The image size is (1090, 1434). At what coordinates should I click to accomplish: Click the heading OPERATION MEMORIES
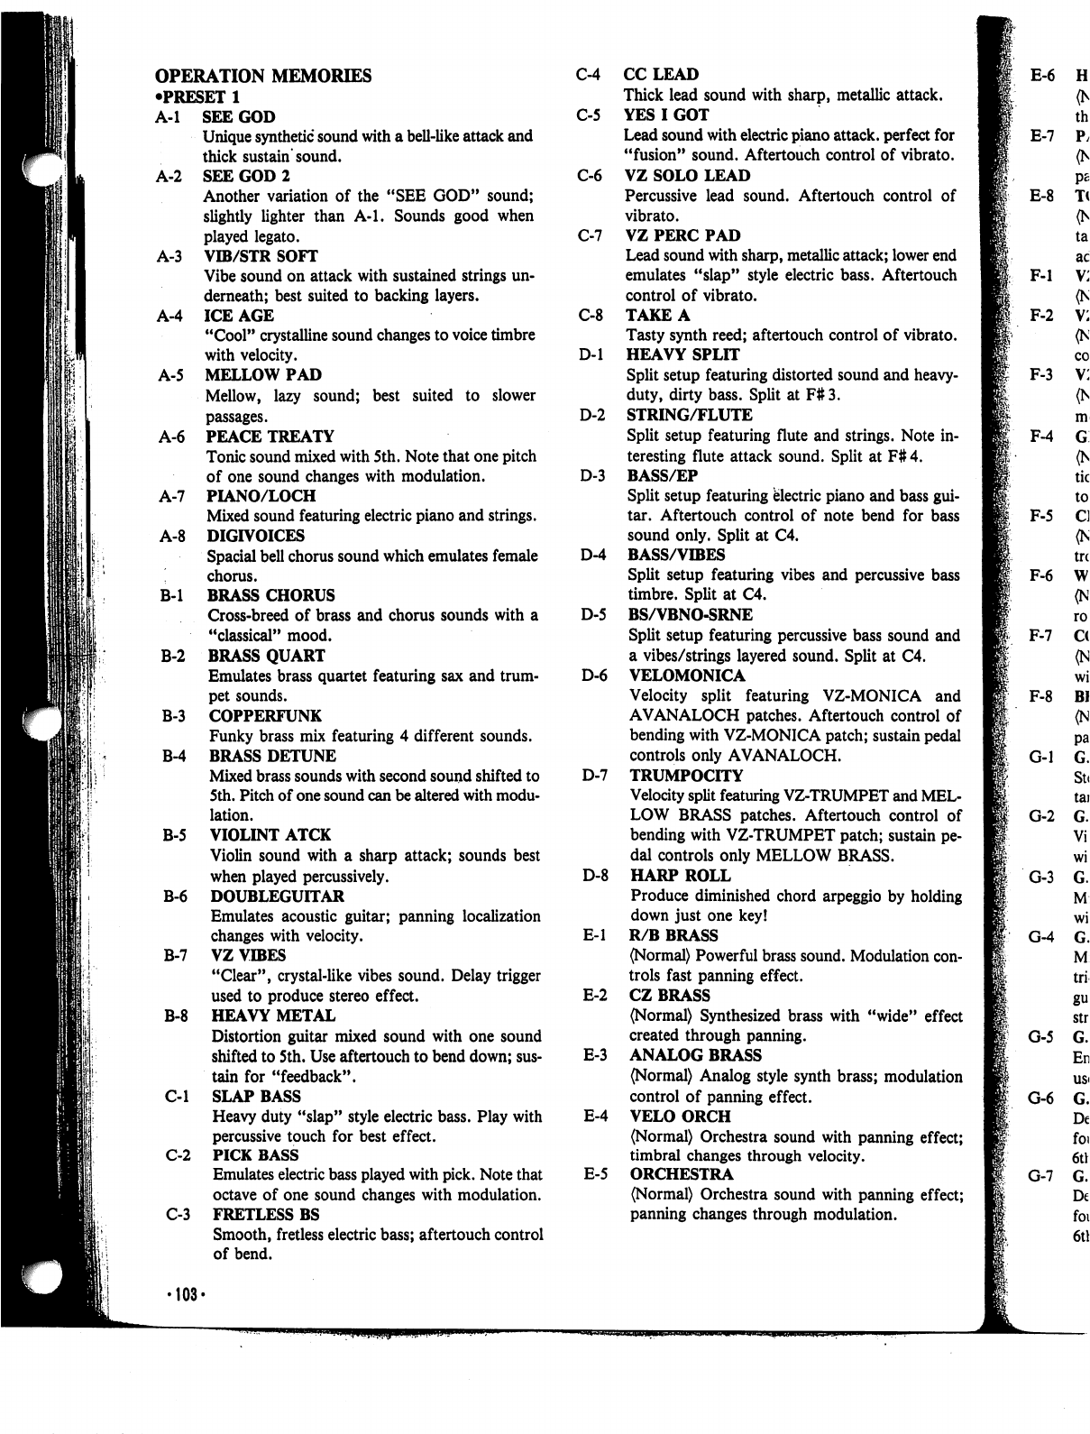263,76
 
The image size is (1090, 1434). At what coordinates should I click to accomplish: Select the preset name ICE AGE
239,316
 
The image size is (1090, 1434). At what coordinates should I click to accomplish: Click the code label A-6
171,437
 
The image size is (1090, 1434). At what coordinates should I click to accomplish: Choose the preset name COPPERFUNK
265,716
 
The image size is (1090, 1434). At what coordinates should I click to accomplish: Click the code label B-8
176,1016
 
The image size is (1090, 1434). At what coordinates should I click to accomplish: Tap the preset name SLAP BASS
256,1097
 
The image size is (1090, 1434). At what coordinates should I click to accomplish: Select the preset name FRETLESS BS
266,1215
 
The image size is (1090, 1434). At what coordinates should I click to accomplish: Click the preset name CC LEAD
661,75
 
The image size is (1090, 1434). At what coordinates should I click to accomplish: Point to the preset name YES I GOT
666,115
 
